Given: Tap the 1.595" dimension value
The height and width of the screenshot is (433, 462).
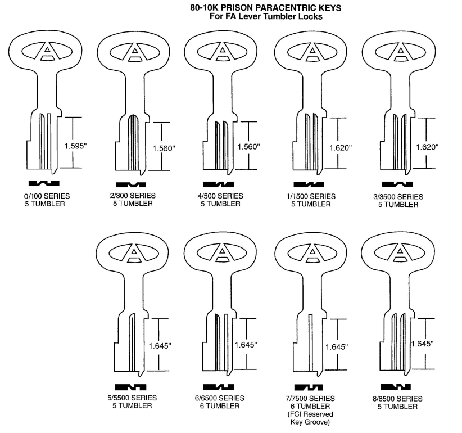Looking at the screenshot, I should coord(75,146).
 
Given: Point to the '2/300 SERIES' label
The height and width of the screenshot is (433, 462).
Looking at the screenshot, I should coord(134,196).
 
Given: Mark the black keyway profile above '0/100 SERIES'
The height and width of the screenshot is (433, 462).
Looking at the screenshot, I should coord(44,184).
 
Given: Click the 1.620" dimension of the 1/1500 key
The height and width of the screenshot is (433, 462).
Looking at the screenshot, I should coord(341,147).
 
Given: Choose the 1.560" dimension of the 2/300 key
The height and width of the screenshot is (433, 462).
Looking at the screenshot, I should coord(164,148).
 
